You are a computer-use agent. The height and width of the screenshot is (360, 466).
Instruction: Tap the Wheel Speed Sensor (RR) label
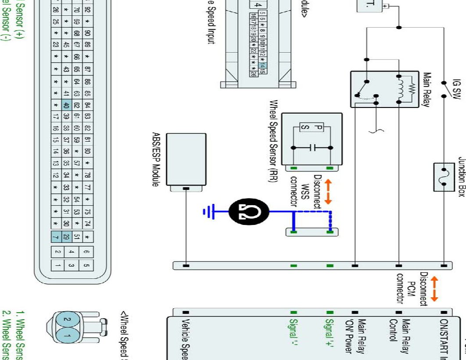point(272,145)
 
